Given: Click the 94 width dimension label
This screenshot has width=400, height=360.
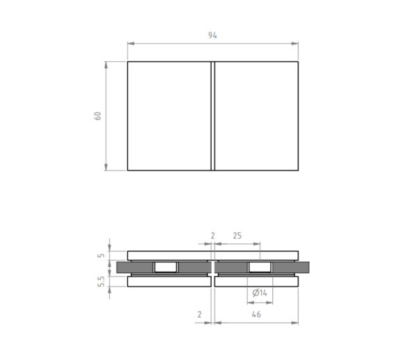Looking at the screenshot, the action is (212, 35).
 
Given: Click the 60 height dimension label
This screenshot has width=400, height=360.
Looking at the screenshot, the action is (98, 116).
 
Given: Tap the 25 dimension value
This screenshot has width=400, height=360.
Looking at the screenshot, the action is (237, 236).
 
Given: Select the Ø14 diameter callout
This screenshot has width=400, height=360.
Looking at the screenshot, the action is (260, 293).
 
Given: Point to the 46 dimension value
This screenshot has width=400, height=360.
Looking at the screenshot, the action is (256, 314).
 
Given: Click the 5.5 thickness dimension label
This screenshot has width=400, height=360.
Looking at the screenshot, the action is (101, 281).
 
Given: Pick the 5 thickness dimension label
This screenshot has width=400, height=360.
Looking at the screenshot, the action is (101, 255).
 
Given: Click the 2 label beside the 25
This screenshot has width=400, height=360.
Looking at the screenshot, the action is (212, 236).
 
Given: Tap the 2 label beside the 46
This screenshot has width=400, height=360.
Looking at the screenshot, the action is (199, 314).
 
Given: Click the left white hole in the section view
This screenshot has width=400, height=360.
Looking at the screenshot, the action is (166, 268).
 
